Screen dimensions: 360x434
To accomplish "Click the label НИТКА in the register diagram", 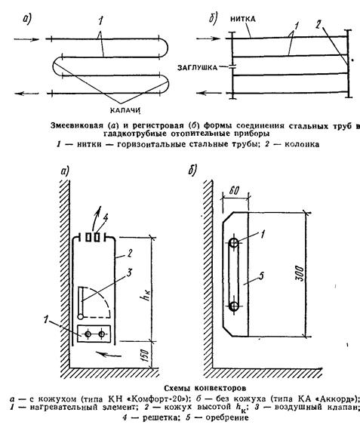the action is (243, 19).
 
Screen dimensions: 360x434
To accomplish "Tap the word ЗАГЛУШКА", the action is (197, 67).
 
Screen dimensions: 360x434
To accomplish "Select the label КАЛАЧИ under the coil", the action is (125, 110).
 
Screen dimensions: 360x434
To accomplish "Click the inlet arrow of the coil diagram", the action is (26, 39).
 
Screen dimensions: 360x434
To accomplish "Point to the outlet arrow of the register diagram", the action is (209, 93).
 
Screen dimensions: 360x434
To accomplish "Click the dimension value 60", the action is (233, 190).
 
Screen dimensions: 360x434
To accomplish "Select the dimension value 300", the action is (300, 273).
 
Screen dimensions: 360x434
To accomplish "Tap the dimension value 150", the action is (145, 356).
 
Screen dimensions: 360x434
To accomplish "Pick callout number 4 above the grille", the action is (105, 219).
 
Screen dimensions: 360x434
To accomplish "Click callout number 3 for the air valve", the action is (128, 273).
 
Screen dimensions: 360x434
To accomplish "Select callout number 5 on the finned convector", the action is (261, 275).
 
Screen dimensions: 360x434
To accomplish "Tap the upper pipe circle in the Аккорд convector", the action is (234, 243).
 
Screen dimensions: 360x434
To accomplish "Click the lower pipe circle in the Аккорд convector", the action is (234, 306).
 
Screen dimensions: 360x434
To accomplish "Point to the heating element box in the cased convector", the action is (94, 334).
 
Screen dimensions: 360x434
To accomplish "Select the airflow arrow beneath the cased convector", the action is (106, 354).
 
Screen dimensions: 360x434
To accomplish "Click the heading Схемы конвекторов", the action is (205, 389).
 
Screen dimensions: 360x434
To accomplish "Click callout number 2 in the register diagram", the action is (318, 25).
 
